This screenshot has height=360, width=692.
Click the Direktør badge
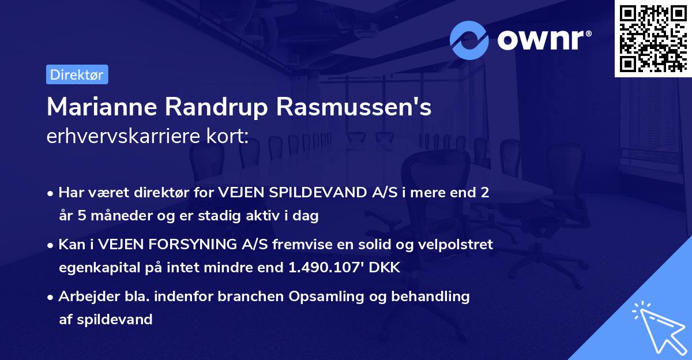point(77,74)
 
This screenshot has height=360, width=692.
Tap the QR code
point(653,39)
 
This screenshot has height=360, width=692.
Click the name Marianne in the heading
point(101,107)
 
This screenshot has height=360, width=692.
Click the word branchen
point(257,297)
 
